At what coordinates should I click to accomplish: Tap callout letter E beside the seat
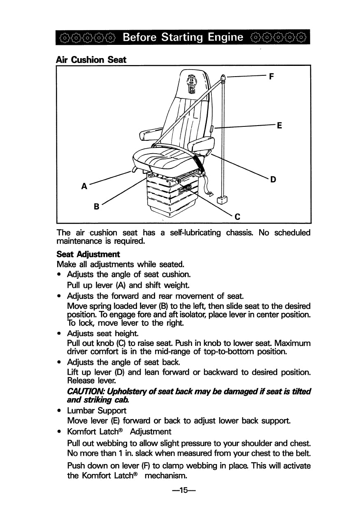pos(279,125)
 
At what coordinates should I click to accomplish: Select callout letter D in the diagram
pos(273,180)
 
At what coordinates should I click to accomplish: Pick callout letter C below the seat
pos(237,217)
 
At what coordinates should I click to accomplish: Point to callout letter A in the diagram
pos(84,186)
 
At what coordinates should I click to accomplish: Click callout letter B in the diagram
pos(97,207)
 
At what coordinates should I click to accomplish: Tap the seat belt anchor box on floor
pos(222,200)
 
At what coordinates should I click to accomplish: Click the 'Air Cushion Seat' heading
pos(91,59)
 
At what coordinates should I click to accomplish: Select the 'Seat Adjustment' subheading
pos(88,254)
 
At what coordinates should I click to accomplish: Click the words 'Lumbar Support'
pos(97,411)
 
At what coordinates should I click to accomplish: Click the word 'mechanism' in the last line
pos(166,476)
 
